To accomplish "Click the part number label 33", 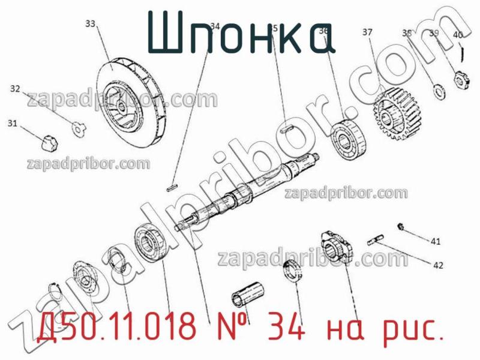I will click(90, 24).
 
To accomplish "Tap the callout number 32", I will click(16, 89).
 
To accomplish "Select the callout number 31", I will click(12, 124).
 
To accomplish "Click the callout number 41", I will click(436, 241).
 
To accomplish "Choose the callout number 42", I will click(439, 264).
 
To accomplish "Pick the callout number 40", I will click(458, 35).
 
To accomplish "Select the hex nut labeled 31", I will click(46, 143).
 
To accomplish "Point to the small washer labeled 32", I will click(79, 126).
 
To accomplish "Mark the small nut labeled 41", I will click(400, 226).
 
